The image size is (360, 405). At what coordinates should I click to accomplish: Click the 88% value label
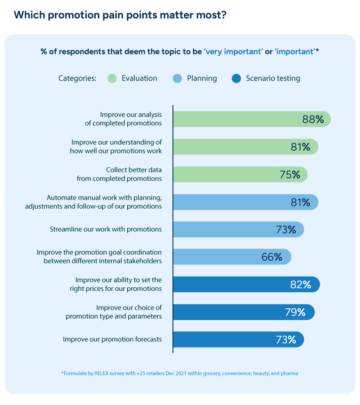(313, 119)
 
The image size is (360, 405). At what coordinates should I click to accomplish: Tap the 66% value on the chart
(271, 257)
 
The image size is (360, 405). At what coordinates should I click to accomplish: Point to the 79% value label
(295, 312)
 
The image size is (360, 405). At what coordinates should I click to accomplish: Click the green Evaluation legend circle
(112, 79)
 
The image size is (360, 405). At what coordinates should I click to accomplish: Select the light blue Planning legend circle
(178, 79)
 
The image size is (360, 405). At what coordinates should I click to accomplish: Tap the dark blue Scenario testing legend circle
(236, 79)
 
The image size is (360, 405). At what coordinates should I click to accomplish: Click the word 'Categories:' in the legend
(77, 78)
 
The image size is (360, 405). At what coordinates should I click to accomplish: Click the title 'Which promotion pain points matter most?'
(120, 15)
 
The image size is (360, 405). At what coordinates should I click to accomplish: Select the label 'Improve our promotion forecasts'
(112, 339)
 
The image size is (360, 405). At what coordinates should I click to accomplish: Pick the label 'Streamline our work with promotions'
(106, 229)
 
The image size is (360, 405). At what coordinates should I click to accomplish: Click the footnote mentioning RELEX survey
(180, 373)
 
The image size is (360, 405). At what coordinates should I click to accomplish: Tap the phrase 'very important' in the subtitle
(233, 51)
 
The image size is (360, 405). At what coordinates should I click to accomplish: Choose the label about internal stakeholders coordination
(99, 257)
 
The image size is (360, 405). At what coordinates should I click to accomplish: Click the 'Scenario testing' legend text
(273, 78)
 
